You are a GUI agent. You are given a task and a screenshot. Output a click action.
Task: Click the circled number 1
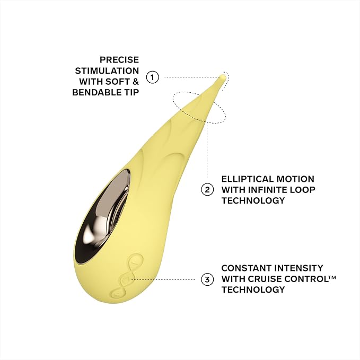pyautogui.click(x=153, y=77)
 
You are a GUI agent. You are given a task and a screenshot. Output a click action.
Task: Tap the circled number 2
pyautogui.click(x=207, y=190)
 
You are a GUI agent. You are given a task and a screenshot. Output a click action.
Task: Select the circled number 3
pyautogui.click(x=207, y=279)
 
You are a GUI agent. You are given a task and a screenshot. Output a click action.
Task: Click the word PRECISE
pyautogui.click(x=119, y=60)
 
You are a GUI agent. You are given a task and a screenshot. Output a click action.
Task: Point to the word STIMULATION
pyautogui.click(x=107, y=71)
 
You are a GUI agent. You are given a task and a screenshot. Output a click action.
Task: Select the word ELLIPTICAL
pyautogui.click(x=248, y=179)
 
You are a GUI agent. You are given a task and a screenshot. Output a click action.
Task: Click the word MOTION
pyautogui.click(x=295, y=179)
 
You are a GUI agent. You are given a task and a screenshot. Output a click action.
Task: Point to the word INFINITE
pyautogui.click(x=269, y=190)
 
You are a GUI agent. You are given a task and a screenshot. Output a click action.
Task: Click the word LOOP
pyautogui.click(x=304, y=190)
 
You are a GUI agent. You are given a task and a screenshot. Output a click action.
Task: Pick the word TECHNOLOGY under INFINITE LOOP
pyautogui.click(x=253, y=200)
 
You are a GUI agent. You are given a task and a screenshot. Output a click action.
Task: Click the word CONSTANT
pyautogui.click(x=246, y=268)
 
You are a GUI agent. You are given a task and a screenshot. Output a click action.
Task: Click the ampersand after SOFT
pyautogui.click(x=136, y=82)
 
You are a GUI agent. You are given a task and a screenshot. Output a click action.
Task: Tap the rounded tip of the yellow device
pyautogui.click(x=223, y=77)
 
